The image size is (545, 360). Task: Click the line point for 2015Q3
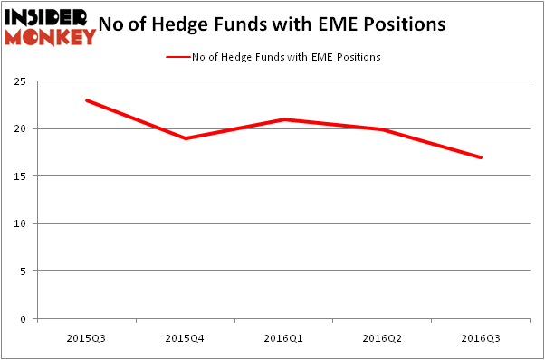pos(87,100)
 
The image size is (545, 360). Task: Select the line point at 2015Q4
pos(185,138)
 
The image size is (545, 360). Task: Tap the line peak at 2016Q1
pos(284,119)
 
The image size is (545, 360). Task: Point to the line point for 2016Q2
pos(382,129)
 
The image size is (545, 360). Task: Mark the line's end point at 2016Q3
pos(481,157)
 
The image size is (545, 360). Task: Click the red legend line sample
pos(177,57)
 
